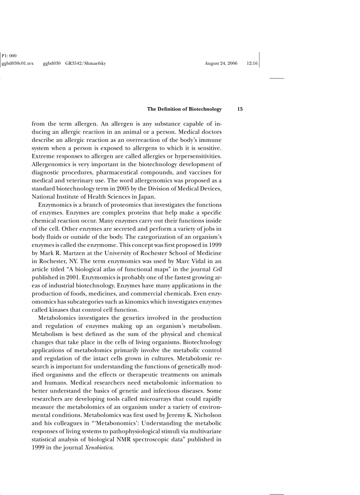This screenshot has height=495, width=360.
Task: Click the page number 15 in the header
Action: (x=240, y=109)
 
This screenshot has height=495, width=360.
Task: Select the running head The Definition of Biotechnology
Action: (x=184, y=109)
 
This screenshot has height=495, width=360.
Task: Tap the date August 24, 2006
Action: (x=221, y=63)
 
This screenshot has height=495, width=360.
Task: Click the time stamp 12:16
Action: (x=252, y=63)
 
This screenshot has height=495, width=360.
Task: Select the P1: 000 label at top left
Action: (x=9, y=56)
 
